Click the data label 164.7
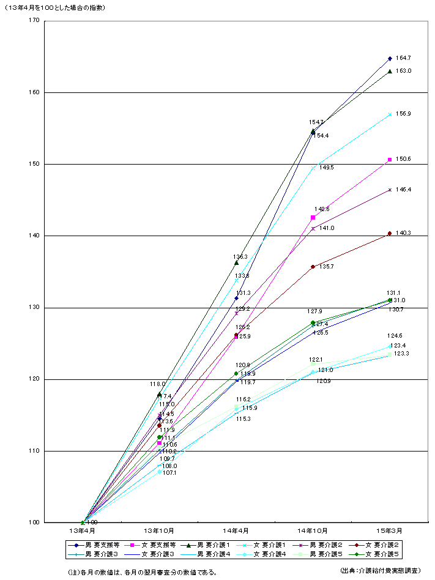tap(403, 58)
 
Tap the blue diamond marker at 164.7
tap(390, 59)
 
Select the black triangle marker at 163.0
tap(390, 71)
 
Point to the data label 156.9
tap(403, 114)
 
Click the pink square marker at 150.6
tap(390, 160)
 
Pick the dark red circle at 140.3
tap(390, 233)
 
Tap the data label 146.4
tap(403, 190)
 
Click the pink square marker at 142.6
tap(313, 217)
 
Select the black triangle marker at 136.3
tap(236, 262)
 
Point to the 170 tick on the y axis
tap(33, 21)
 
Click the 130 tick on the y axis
tap(33, 308)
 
